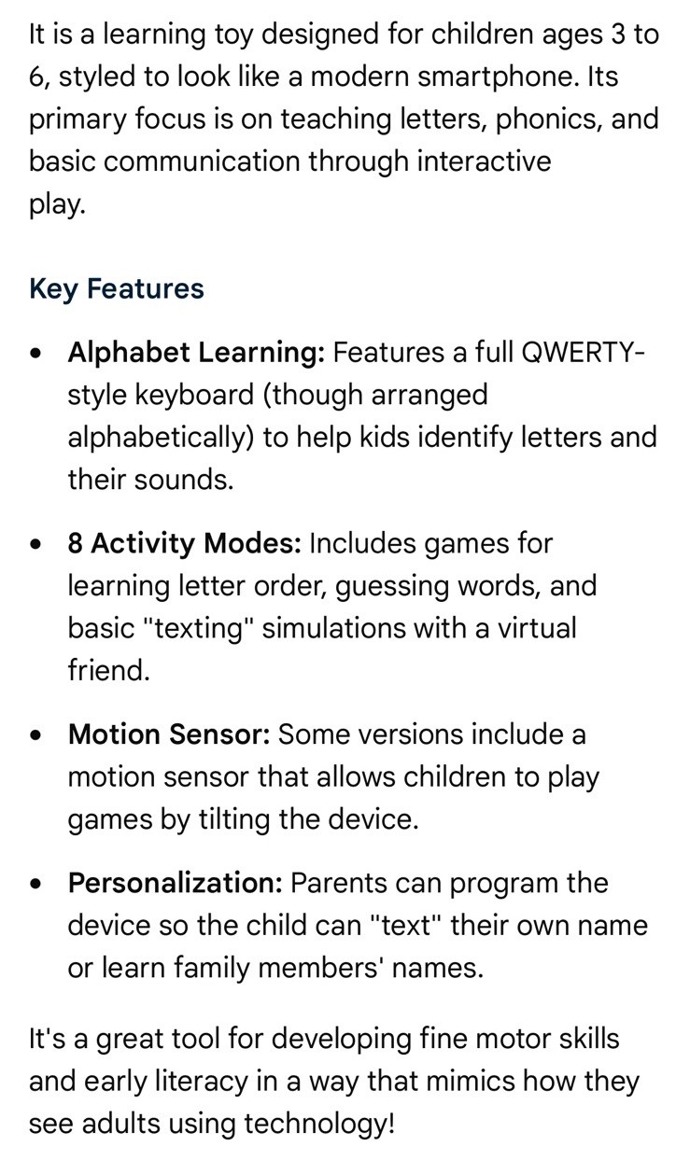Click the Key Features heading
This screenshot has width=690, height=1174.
point(117,289)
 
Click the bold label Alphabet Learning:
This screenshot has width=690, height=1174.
point(196,352)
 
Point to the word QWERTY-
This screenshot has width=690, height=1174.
point(584,352)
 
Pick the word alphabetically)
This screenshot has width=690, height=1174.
point(161,438)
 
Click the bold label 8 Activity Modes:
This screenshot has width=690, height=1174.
point(184,543)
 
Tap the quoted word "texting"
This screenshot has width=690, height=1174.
point(198,629)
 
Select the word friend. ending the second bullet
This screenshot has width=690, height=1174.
point(109,671)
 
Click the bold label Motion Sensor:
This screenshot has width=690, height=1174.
point(169,734)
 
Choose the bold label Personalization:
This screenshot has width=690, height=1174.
point(176,884)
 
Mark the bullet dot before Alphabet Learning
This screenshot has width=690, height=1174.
point(35,354)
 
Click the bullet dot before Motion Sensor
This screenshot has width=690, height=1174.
point(35,735)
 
